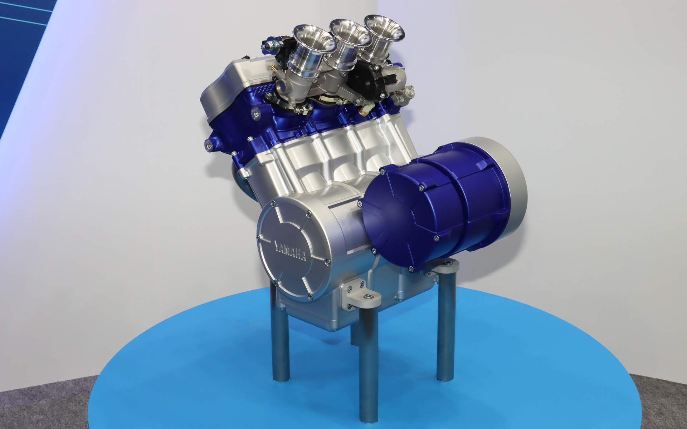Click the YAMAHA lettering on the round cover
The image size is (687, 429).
click(290, 250)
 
